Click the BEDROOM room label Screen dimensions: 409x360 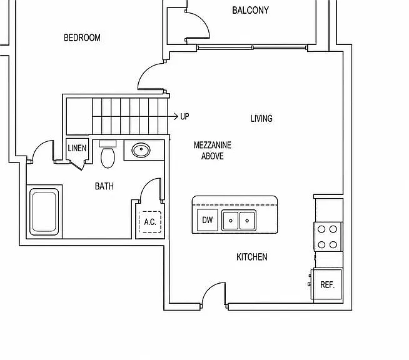coord(82,37)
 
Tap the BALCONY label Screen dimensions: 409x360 coord(250,10)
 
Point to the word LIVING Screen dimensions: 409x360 coord(261,119)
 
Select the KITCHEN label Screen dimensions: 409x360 coord(252,257)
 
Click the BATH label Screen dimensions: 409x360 coord(104,186)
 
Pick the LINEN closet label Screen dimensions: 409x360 coord(77,148)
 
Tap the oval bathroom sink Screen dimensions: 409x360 coord(141,150)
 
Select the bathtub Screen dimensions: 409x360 coord(44,211)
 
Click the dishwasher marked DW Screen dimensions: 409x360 coord(208,220)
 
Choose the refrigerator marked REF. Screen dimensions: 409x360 coord(328,284)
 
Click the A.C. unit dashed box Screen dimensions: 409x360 coord(150,222)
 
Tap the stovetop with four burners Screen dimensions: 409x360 coord(327,237)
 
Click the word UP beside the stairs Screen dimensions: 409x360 coord(184,116)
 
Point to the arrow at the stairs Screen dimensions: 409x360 coord(172,116)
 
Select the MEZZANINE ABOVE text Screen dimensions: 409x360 coord(213,151)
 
